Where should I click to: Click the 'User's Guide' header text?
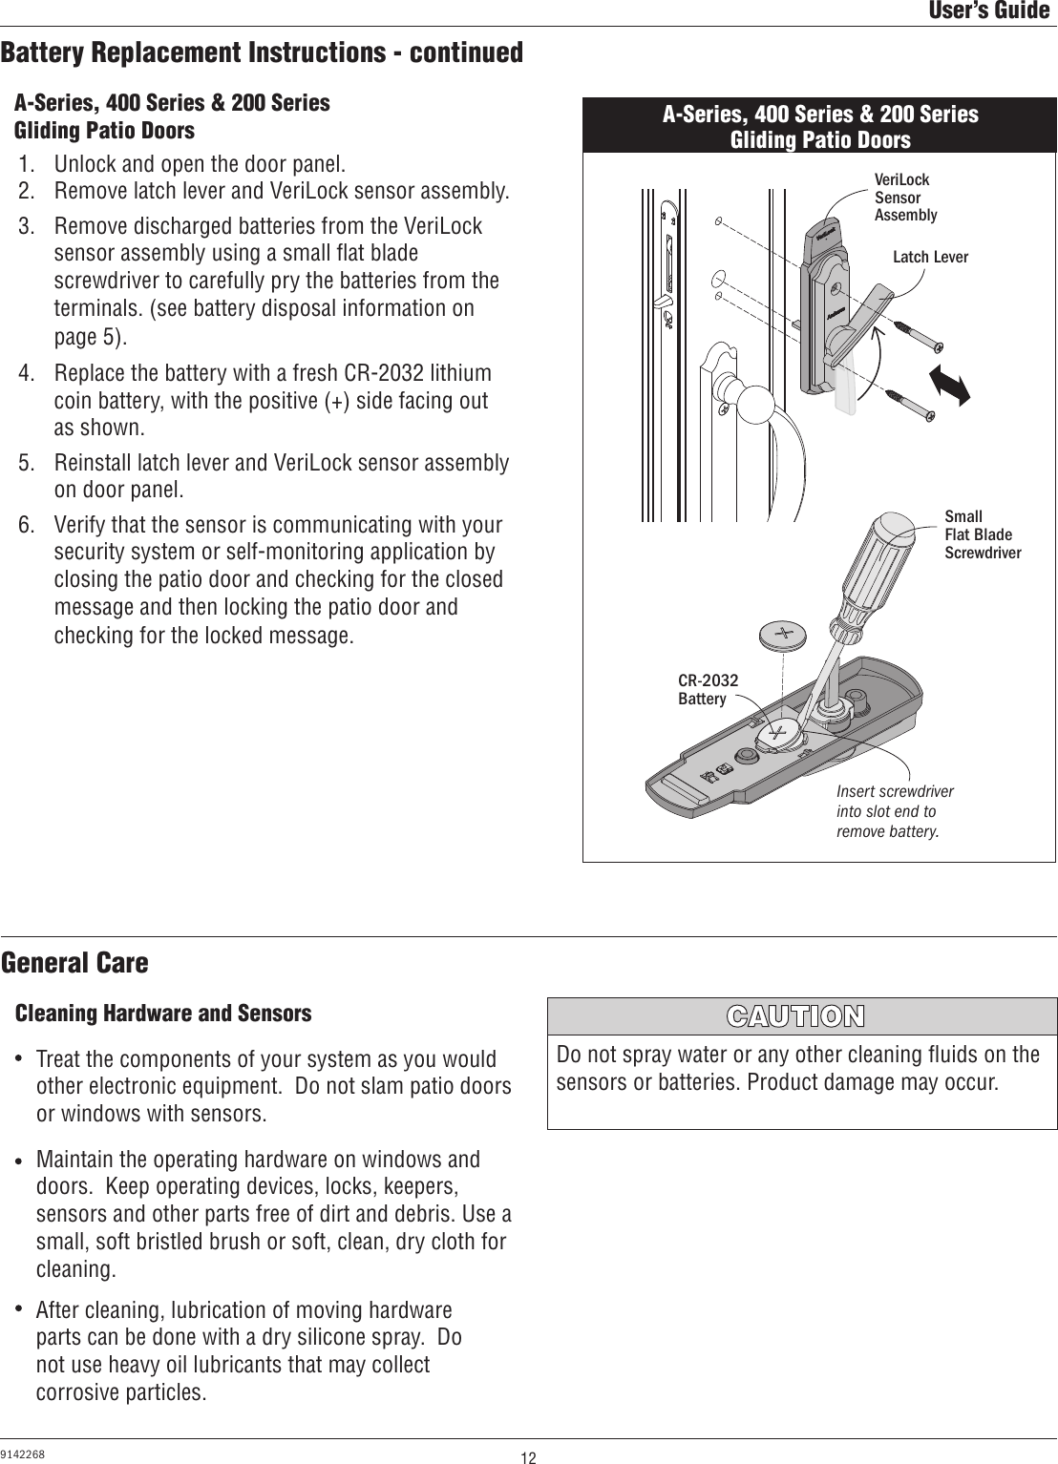click(x=989, y=11)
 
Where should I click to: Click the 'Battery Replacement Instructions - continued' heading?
click(x=262, y=52)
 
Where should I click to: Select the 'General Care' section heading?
click(x=74, y=963)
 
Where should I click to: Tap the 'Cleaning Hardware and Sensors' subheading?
click(x=163, y=1013)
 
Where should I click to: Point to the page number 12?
click(x=528, y=1456)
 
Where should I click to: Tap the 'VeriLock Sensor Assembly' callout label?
click(x=905, y=198)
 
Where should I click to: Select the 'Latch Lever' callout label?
click(x=930, y=258)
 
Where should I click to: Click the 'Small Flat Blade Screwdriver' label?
click(x=982, y=534)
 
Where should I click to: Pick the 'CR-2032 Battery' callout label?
click(x=708, y=689)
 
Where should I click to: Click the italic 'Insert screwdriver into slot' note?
click(x=894, y=811)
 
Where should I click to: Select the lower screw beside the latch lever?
click(x=912, y=404)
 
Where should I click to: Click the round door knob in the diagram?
click(x=759, y=401)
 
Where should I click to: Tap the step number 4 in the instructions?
click(x=27, y=373)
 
